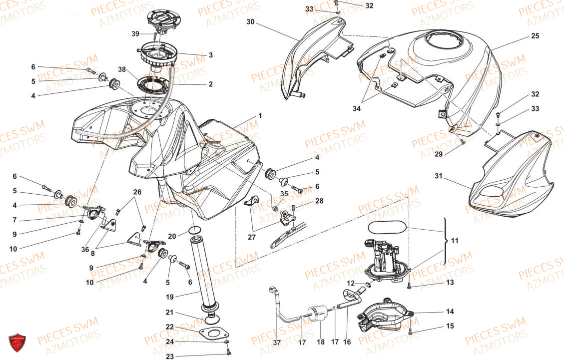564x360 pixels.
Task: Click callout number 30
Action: tap(250, 22)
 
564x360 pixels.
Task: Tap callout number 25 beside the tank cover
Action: tap(535, 36)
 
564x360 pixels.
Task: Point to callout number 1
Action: tap(260, 116)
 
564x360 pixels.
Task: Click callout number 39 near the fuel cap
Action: tap(135, 34)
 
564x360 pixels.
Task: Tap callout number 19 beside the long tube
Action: tap(170, 297)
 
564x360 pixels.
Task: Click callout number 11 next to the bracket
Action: tap(455, 241)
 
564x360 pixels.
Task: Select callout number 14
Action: tap(450, 312)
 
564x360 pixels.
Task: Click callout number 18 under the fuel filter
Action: tap(320, 343)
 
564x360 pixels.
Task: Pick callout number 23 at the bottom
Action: tap(170, 357)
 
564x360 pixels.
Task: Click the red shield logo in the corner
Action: tap(17, 343)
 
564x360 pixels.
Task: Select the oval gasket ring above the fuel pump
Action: tap(386, 227)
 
